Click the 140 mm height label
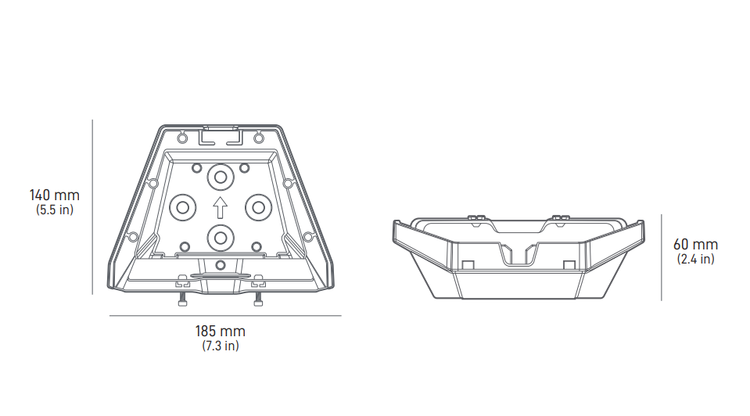click(x=55, y=195)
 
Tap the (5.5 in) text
click(x=55, y=210)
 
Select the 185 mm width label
click(x=220, y=331)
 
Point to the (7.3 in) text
click(x=220, y=346)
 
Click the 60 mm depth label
click(x=695, y=244)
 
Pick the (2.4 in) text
click(x=695, y=259)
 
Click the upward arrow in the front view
click(x=220, y=207)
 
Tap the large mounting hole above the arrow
click(x=221, y=178)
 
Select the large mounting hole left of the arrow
click(x=183, y=207)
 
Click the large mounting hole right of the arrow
click(x=258, y=207)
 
